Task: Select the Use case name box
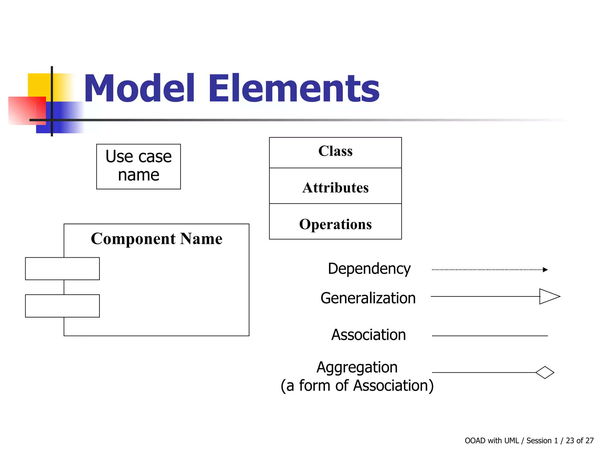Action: [x=139, y=166]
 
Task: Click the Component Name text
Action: [x=157, y=239]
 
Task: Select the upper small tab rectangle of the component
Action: [x=62, y=269]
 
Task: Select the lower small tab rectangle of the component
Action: [x=62, y=306]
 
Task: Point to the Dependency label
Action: [x=369, y=269]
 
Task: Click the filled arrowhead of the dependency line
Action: [x=545, y=270]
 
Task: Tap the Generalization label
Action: [x=368, y=298]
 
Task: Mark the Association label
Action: [x=369, y=335]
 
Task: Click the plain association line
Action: [x=490, y=336]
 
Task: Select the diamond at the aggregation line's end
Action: [x=545, y=372]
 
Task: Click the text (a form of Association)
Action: [x=357, y=386]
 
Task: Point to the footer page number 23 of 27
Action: [x=580, y=441]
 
